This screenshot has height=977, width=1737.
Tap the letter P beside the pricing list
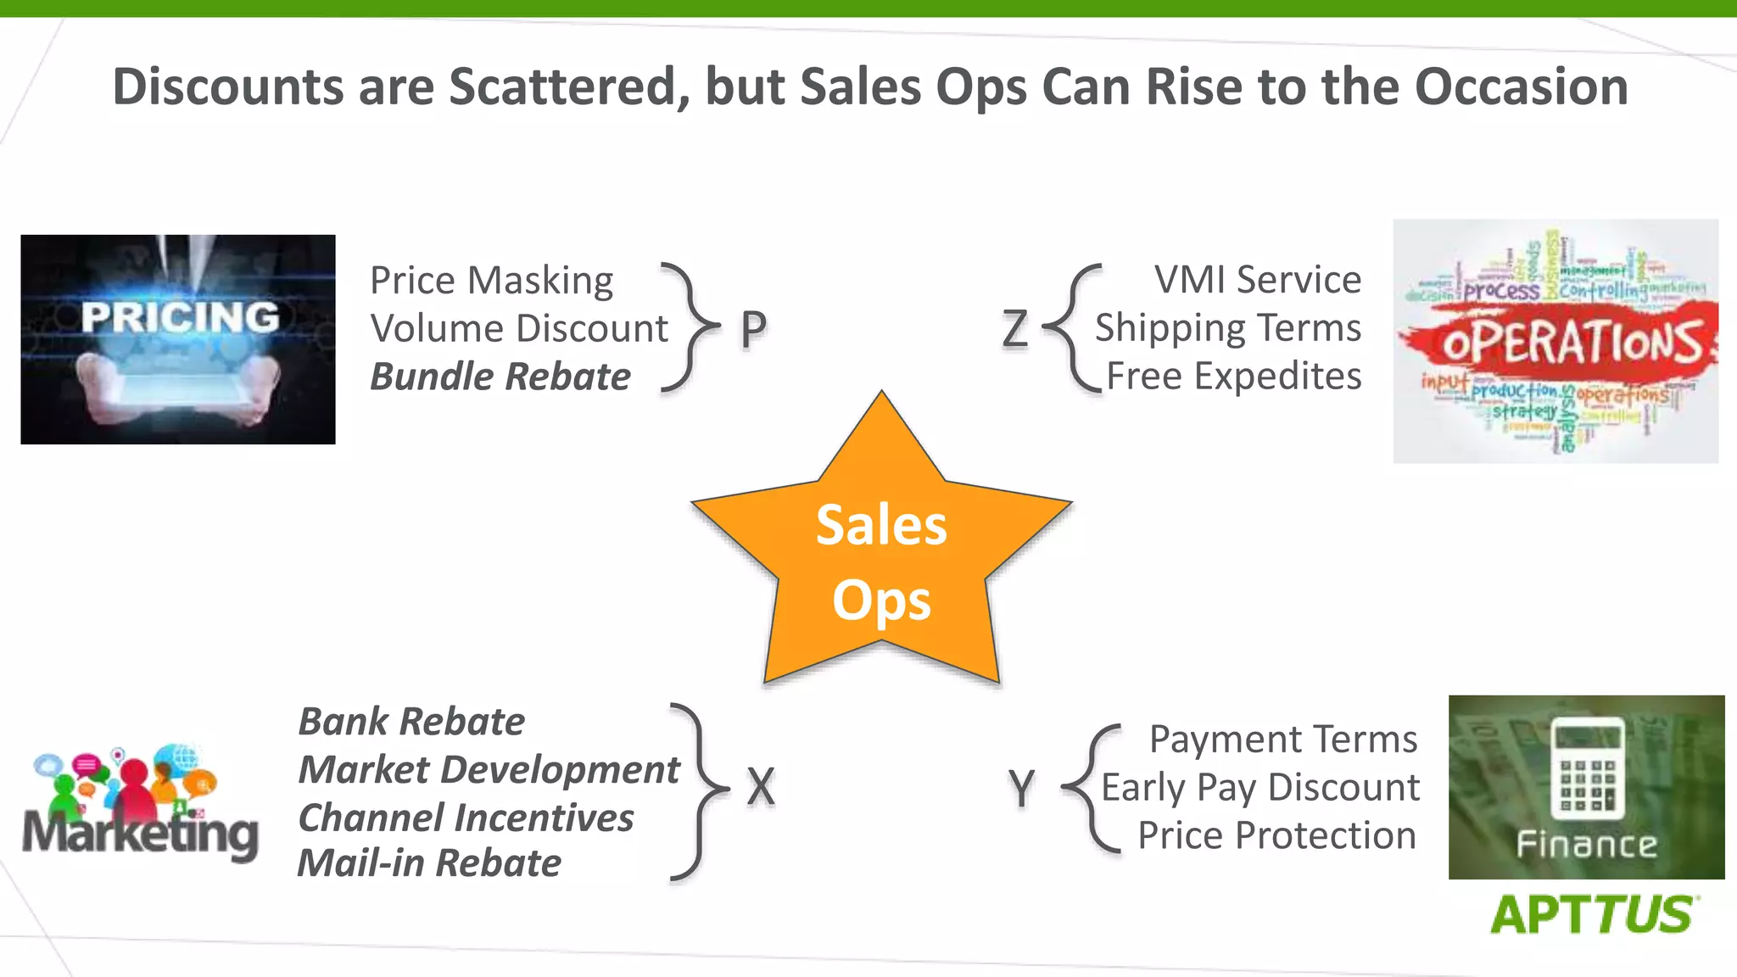pos(753,329)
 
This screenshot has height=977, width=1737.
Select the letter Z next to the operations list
pos(1014,329)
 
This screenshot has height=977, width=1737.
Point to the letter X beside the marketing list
pos(761,787)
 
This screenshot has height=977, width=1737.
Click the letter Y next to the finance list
pos(1022,789)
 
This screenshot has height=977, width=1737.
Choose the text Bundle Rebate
pos(500,377)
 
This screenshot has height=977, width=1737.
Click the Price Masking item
pos(492,281)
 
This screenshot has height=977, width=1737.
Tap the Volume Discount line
pos(519,329)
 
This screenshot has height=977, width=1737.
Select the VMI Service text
pos(1257,280)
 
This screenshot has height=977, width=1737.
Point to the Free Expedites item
pos(1234,377)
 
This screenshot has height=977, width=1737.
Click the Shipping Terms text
pos(1228,328)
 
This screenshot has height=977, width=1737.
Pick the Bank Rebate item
pos(411,722)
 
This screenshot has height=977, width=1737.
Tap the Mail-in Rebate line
pos(429,863)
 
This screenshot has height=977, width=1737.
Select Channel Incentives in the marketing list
pos(466,818)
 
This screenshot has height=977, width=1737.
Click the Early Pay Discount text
pos(1260,788)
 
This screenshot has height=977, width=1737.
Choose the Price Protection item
pos(1276,836)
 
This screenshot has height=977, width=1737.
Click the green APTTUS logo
pos(1592,915)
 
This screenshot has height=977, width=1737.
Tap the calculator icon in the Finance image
pos(1587,768)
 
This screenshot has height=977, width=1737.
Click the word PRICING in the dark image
pos(180,317)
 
